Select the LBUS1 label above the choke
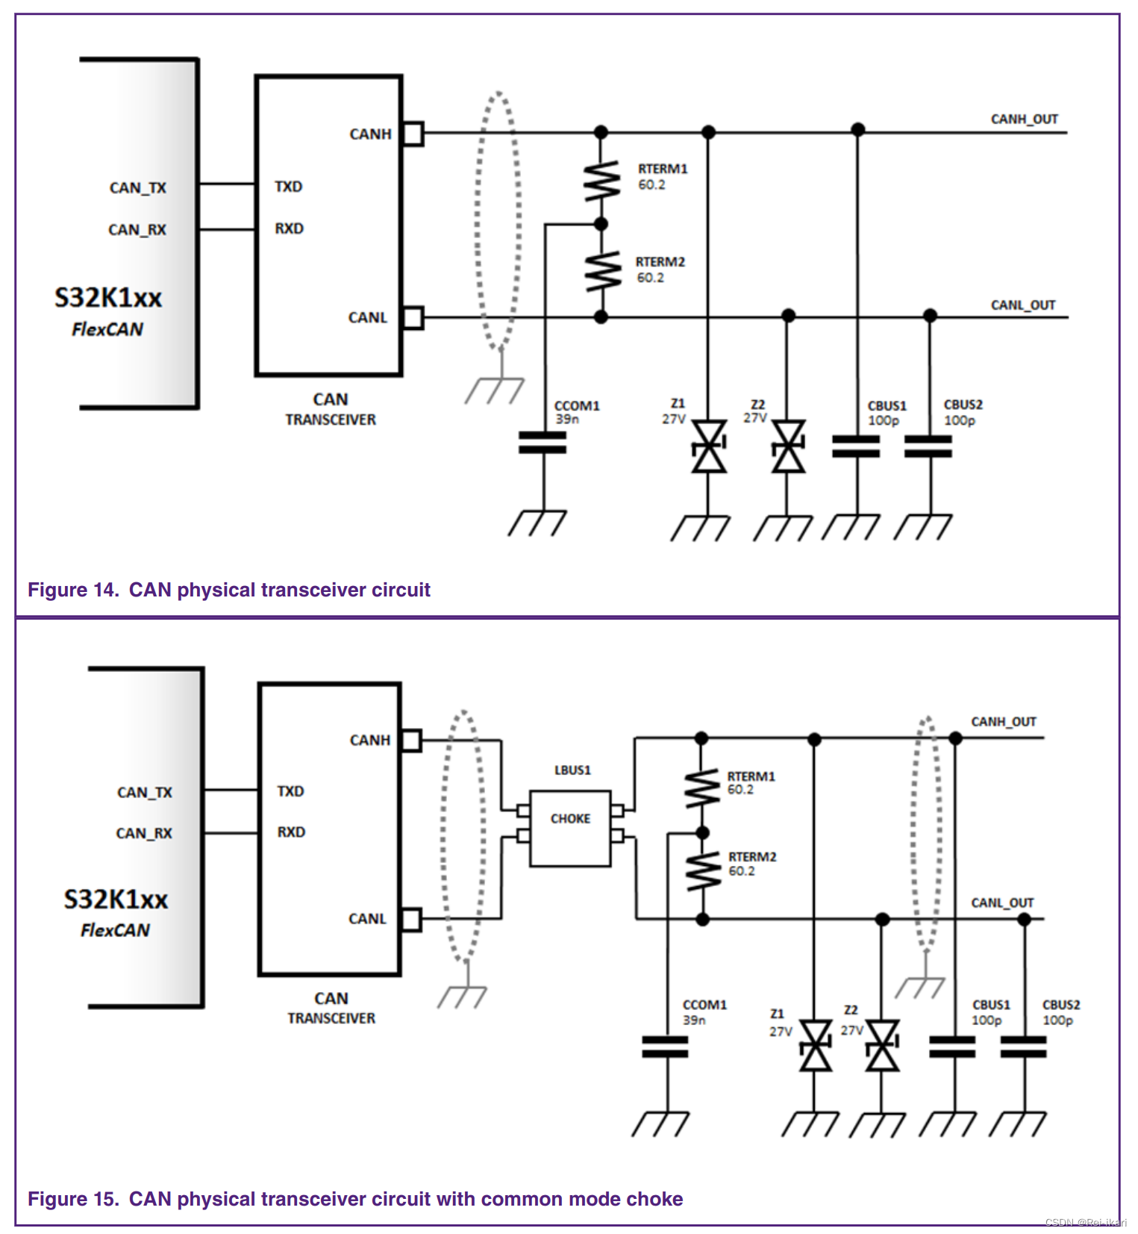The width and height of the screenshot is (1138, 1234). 572,770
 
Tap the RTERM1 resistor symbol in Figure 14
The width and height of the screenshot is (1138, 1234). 601,181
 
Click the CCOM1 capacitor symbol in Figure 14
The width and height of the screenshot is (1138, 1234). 543,443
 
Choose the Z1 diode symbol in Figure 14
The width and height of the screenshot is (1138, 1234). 708,446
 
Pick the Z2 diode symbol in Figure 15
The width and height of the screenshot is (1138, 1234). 882,1046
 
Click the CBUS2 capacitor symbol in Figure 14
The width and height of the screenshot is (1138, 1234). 928,446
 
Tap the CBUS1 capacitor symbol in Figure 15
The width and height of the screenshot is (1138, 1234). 953,1047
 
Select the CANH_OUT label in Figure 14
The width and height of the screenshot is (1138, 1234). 1024,119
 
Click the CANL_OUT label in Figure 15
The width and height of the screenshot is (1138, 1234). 1001,903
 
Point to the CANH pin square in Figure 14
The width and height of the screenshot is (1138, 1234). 413,134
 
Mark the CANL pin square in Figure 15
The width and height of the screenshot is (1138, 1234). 411,919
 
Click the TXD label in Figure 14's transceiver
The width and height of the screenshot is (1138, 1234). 288,187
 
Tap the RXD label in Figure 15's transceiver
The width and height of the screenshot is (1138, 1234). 291,832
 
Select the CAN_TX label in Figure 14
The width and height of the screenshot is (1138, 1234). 138,187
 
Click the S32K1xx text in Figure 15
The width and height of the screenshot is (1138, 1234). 116,899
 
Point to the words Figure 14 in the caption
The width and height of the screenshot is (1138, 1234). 72,590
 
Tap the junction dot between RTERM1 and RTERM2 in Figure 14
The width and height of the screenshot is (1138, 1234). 601,223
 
